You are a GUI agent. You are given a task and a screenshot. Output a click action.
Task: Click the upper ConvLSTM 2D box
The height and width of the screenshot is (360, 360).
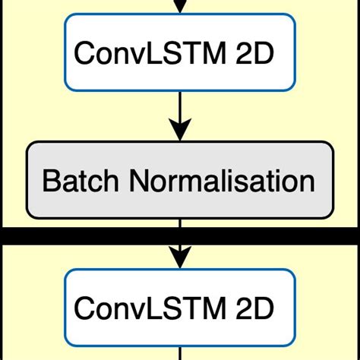pos(180,52)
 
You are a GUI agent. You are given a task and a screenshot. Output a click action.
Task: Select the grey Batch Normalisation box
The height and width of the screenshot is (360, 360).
pos(180,182)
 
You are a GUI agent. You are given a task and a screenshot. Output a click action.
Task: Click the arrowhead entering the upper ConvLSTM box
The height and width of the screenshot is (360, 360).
pos(180,7)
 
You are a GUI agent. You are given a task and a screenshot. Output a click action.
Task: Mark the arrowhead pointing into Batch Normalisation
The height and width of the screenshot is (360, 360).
pos(180,131)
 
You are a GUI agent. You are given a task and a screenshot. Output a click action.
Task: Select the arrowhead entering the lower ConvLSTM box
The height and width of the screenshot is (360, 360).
pos(180,257)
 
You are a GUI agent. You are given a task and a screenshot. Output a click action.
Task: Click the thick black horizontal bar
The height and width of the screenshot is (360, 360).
pos(180,236)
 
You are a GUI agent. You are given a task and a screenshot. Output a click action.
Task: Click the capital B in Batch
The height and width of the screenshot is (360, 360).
pos(51,182)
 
